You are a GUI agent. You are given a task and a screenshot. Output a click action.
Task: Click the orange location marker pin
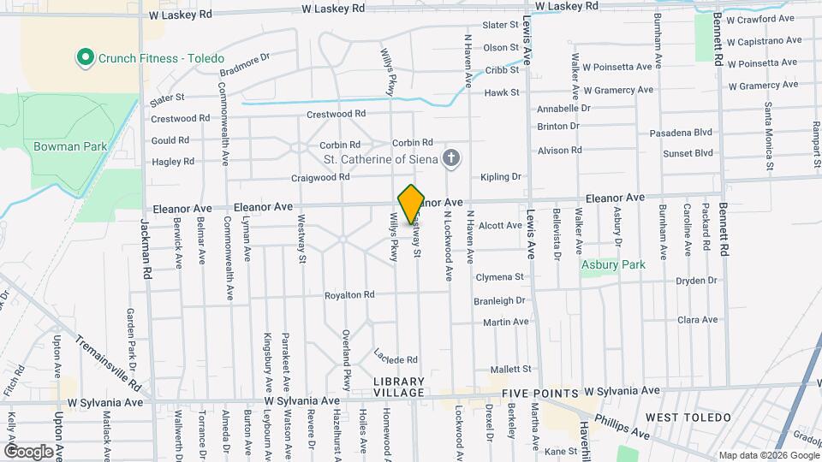click(x=411, y=204)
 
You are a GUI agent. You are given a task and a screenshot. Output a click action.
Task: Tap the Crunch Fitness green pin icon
click(x=85, y=58)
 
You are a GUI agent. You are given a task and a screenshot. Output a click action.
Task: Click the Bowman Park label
click(x=70, y=146)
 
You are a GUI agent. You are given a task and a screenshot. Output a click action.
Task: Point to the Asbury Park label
click(x=612, y=264)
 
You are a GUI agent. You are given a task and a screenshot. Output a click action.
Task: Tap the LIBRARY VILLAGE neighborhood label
click(x=398, y=387)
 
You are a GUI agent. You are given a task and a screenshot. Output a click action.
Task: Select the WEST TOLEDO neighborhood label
click(x=688, y=418)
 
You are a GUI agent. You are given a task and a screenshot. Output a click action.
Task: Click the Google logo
click(x=28, y=451)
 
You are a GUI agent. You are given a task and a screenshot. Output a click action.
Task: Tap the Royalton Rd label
click(x=349, y=295)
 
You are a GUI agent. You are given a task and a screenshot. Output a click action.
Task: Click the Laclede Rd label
click(x=396, y=355)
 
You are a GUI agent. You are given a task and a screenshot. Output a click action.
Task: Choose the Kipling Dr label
click(x=501, y=177)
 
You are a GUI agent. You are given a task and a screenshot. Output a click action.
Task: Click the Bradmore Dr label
click(x=244, y=68)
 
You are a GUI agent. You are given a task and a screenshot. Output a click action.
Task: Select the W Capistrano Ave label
click(x=765, y=40)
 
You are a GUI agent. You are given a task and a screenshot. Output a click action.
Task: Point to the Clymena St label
click(x=499, y=277)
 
